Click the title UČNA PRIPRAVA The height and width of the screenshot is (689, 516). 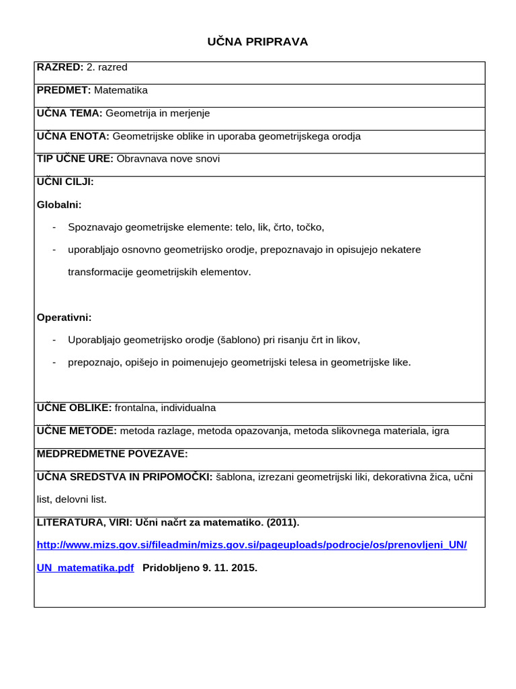(258, 42)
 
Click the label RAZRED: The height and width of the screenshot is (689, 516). (60, 67)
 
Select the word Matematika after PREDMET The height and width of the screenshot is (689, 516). (121, 90)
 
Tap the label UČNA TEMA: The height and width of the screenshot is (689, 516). (69, 113)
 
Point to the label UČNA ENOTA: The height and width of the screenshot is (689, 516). (73, 136)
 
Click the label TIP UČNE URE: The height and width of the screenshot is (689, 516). (75, 159)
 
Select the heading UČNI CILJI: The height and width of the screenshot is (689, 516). (65, 182)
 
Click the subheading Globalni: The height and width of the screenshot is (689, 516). (58, 205)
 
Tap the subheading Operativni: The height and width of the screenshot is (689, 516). (64, 317)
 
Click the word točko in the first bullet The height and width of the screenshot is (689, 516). (308, 227)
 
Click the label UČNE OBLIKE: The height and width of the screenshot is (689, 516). (74, 408)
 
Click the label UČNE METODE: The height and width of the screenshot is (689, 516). (77, 431)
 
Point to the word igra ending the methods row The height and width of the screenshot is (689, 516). (440, 431)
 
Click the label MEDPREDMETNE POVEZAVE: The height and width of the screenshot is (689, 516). (112, 454)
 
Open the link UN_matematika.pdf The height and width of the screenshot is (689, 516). (85, 567)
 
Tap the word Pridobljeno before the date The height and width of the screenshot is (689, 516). (171, 567)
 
